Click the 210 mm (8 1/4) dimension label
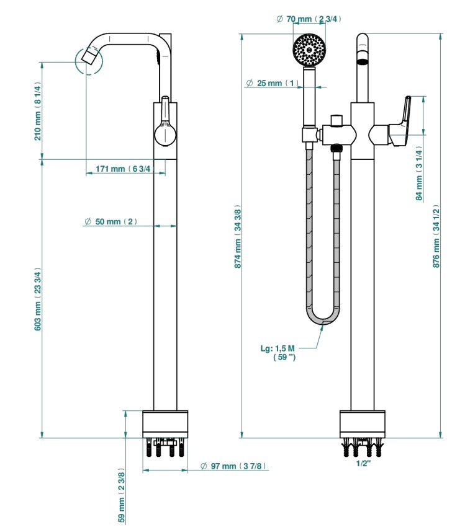tap(38, 111)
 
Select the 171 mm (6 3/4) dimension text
tap(123, 169)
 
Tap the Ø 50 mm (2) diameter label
tap(111, 222)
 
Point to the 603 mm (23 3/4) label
tap(38, 299)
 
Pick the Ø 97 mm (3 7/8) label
tap(233, 466)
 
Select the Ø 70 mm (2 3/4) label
tap(309, 19)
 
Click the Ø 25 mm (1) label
tap(272, 83)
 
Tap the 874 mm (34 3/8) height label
tap(238, 237)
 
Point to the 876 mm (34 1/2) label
tap(436, 236)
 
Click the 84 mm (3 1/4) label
tap(419, 174)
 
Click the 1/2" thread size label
tap(363, 464)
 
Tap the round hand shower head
tap(309, 50)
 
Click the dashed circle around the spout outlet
tap(88, 61)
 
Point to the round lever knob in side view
tap(165, 134)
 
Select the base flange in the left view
tap(165, 424)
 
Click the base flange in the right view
tap(363, 424)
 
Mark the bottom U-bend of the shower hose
tap(323, 316)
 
